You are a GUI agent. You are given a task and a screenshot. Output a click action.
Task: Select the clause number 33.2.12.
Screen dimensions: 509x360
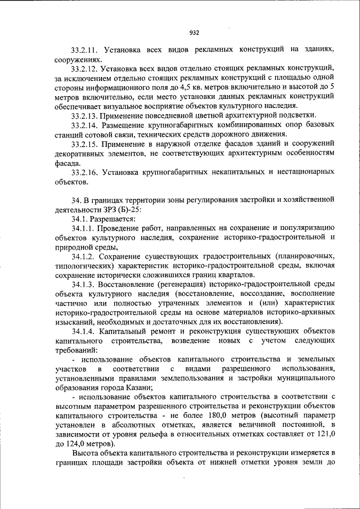[86, 68]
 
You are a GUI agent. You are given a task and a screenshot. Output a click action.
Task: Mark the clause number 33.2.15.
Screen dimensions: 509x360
[87, 144]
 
